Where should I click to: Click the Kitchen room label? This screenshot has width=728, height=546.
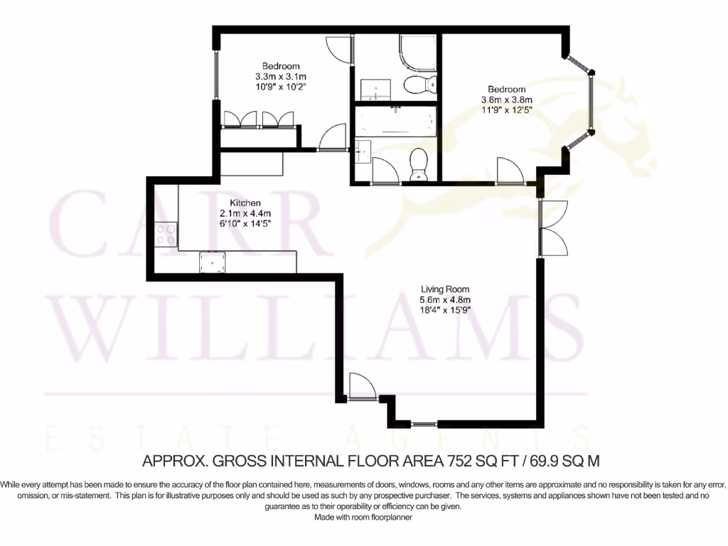pos(235,203)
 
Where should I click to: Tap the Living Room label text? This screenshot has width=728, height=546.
pos(445,289)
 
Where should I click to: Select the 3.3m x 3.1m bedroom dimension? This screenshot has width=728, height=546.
pos(280,76)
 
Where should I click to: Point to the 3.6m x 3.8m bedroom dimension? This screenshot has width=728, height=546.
pos(507,100)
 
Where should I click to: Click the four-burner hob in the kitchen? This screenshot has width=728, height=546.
pos(166,235)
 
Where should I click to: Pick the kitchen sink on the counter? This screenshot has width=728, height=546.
pos(213,262)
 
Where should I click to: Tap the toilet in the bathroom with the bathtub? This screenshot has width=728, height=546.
pos(418,165)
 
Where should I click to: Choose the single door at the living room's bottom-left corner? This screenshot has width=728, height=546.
pos(360,387)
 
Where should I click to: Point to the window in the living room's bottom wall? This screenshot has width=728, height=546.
pos(424,424)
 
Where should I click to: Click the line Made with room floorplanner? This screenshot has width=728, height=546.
pos(363,518)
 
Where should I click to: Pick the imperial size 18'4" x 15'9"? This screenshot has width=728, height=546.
pos(445,310)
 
